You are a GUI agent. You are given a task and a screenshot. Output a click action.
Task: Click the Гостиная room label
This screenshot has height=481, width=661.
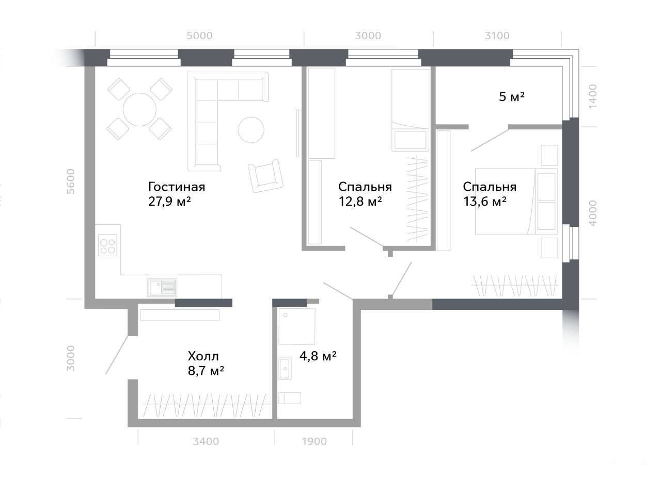(177, 187)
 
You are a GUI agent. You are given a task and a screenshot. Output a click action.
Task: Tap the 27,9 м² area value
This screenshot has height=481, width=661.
(169, 202)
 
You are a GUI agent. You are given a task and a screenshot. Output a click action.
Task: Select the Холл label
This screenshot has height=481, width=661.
(203, 356)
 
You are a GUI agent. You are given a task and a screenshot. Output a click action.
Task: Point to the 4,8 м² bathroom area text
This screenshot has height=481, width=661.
(318, 356)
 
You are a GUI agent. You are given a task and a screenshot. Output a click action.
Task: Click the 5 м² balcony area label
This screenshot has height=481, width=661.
(512, 96)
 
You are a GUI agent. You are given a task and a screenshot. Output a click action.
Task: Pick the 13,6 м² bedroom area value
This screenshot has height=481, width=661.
(485, 202)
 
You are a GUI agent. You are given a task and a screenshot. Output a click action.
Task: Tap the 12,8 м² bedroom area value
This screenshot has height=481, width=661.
(360, 202)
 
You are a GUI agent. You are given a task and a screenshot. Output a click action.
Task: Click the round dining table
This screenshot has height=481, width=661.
(139, 110)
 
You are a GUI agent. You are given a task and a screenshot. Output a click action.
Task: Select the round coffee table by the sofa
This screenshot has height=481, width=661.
(251, 130)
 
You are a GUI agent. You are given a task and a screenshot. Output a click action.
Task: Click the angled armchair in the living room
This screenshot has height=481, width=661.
(266, 176)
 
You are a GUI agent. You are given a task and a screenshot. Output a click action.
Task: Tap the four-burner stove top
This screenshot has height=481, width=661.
(108, 245)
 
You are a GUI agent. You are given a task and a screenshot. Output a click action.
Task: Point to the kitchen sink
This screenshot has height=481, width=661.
(162, 288)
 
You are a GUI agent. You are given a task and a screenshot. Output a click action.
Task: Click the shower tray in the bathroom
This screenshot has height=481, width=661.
(297, 326)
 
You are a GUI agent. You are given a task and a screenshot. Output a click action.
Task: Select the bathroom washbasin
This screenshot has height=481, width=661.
(285, 369)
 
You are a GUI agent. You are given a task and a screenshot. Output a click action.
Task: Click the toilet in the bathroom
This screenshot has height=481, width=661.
(290, 398)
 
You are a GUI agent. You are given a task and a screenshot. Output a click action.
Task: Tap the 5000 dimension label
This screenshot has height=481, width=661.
(199, 36)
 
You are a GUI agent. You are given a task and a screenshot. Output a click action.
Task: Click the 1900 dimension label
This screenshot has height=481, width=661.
(314, 441)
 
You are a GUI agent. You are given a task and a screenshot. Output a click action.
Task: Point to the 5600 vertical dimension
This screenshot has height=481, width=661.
(71, 181)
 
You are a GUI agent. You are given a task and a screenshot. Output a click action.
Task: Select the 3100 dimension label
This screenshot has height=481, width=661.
(497, 36)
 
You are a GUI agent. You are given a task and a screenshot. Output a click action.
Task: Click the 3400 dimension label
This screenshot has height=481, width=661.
(206, 441)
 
